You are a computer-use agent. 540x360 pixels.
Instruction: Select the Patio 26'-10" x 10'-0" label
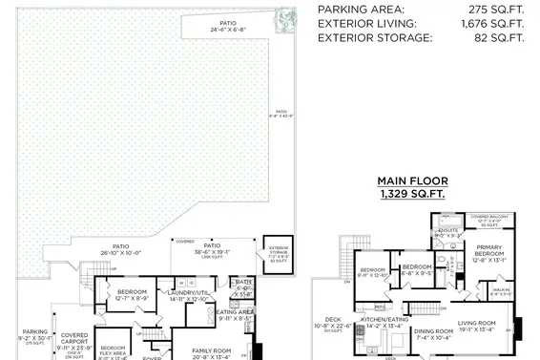pos(121,249)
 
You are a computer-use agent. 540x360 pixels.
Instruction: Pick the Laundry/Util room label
pos(188,295)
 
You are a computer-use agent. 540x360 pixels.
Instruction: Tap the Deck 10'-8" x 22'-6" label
pos(333,324)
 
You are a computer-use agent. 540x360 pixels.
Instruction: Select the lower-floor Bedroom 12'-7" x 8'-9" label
pos(132,294)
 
